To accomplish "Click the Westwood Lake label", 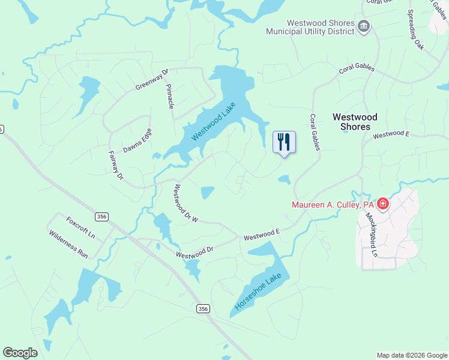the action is click(x=213, y=122).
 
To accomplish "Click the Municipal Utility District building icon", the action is click(x=363, y=26).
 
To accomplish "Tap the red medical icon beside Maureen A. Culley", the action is click(x=382, y=204).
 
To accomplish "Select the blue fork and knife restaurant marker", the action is click(x=284, y=143).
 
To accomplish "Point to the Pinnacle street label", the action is click(x=170, y=96).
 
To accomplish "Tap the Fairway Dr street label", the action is click(x=115, y=165).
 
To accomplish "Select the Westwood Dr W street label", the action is click(x=185, y=203).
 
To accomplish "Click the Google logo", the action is click(x=20, y=353).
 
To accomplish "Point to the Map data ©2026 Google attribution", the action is click(x=411, y=355).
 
